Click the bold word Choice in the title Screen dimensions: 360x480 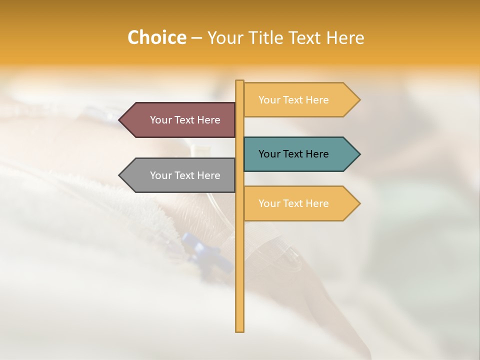click(156, 37)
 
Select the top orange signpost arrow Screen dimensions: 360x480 click(300, 99)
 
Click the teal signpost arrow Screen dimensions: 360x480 click(300, 154)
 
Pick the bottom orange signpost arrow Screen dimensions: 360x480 click(300, 203)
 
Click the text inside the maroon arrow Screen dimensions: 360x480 click(185, 120)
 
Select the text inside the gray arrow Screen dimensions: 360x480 click(185, 175)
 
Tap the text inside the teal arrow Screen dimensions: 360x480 click(293, 154)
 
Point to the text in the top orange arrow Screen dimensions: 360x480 click(293, 100)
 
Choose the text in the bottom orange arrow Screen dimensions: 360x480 click(293, 203)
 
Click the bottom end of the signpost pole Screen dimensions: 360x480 click(240, 330)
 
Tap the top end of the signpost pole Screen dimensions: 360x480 click(240, 81)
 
